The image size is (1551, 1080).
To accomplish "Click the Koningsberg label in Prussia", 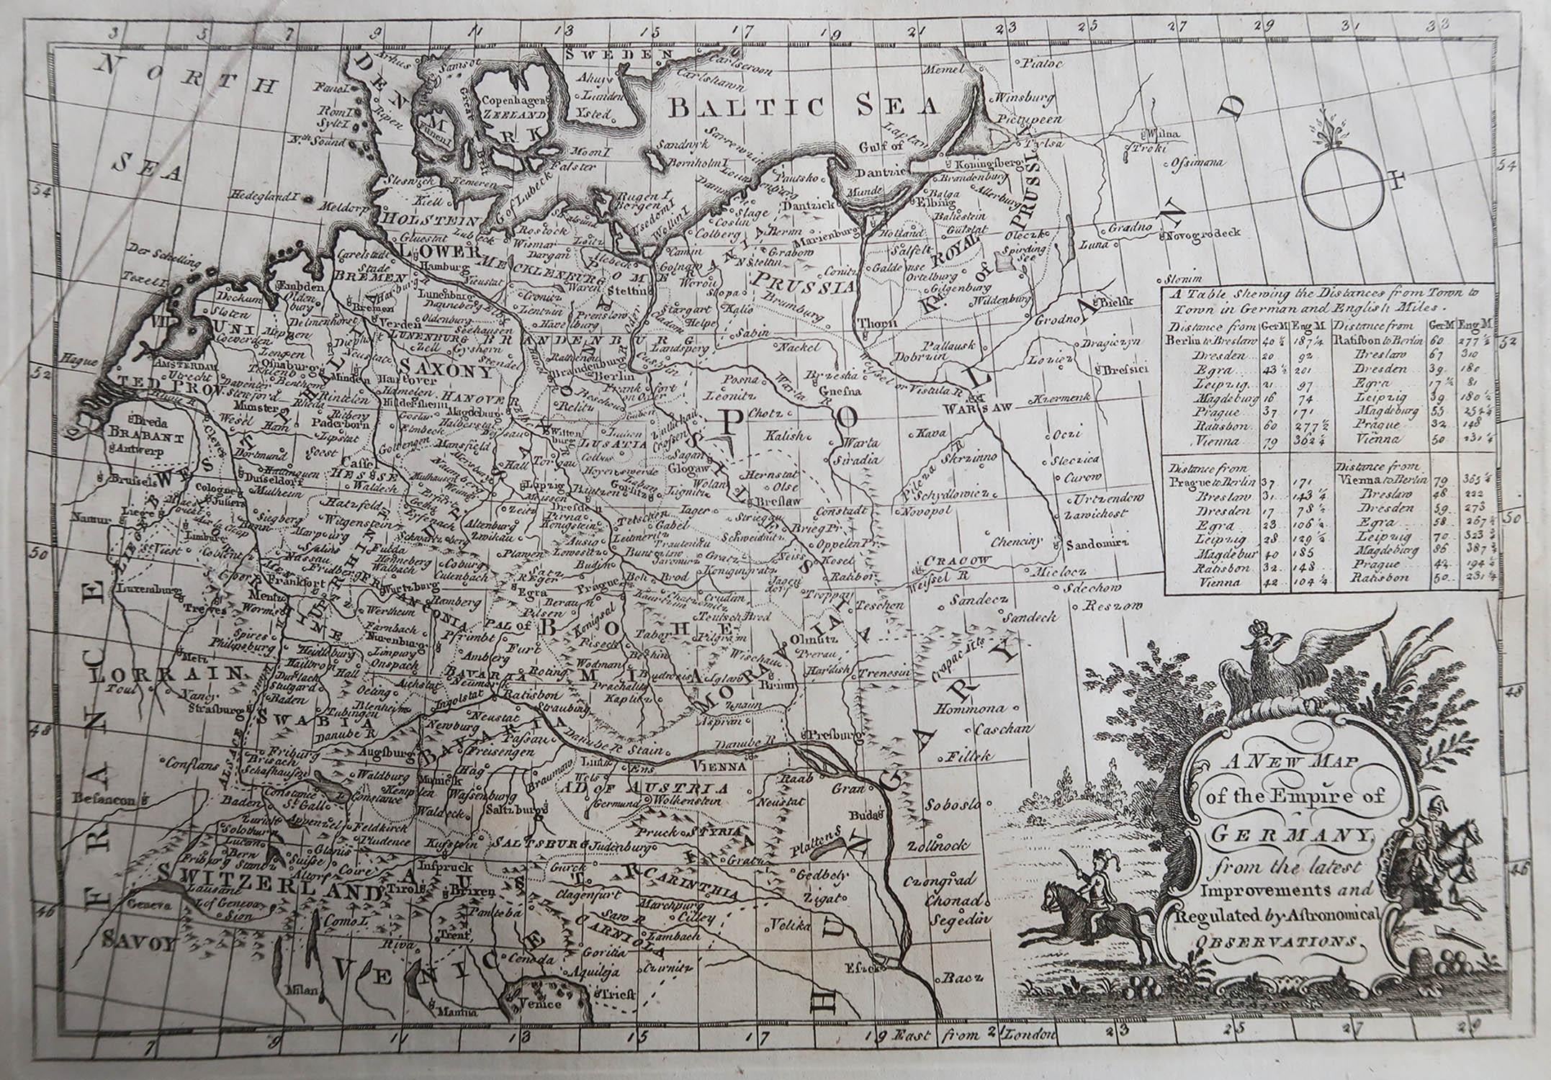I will coord(985,163).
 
